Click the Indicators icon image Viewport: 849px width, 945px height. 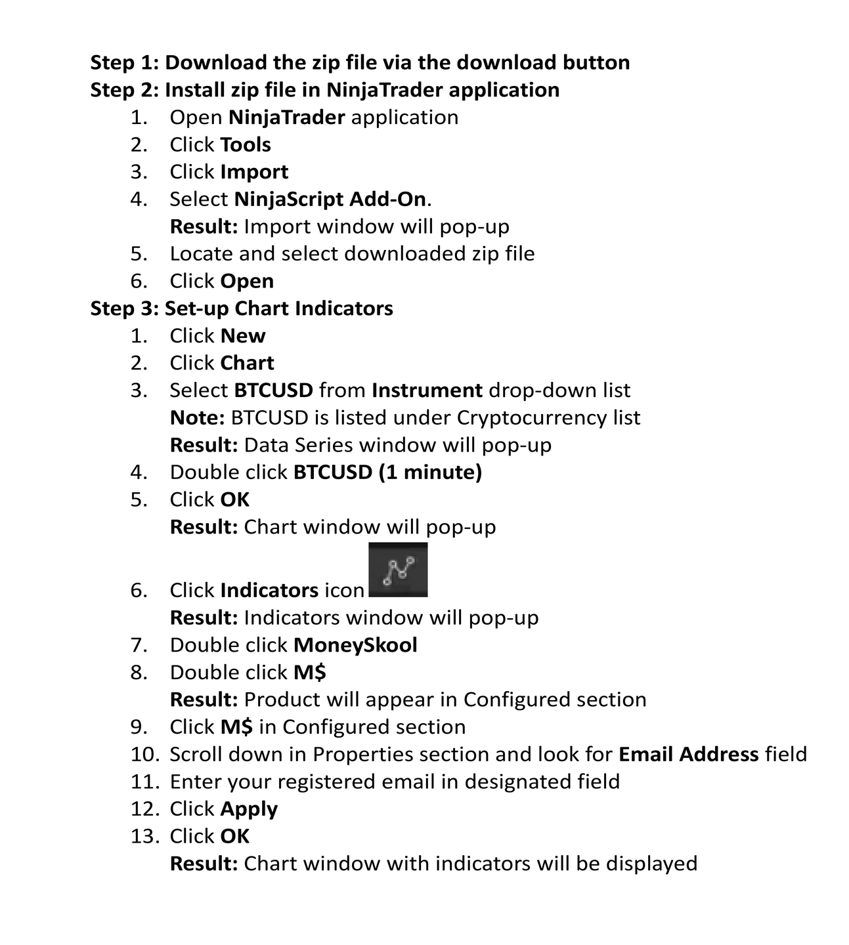point(398,570)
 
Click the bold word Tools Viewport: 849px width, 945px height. point(246,144)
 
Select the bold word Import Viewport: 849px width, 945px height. point(254,172)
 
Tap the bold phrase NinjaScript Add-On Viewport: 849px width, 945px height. point(330,199)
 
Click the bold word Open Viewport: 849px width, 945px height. point(247,281)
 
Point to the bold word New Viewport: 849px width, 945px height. point(243,336)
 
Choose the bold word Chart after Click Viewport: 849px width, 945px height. point(247,363)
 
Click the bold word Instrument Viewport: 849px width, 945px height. point(427,390)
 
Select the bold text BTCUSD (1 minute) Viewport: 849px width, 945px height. point(387,472)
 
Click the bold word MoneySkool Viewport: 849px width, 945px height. point(355,645)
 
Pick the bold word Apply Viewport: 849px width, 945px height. point(249,809)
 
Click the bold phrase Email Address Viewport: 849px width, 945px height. point(689,755)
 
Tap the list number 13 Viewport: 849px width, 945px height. point(145,837)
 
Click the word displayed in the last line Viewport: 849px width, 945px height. point(651,864)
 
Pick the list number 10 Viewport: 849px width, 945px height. point(145,755)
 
